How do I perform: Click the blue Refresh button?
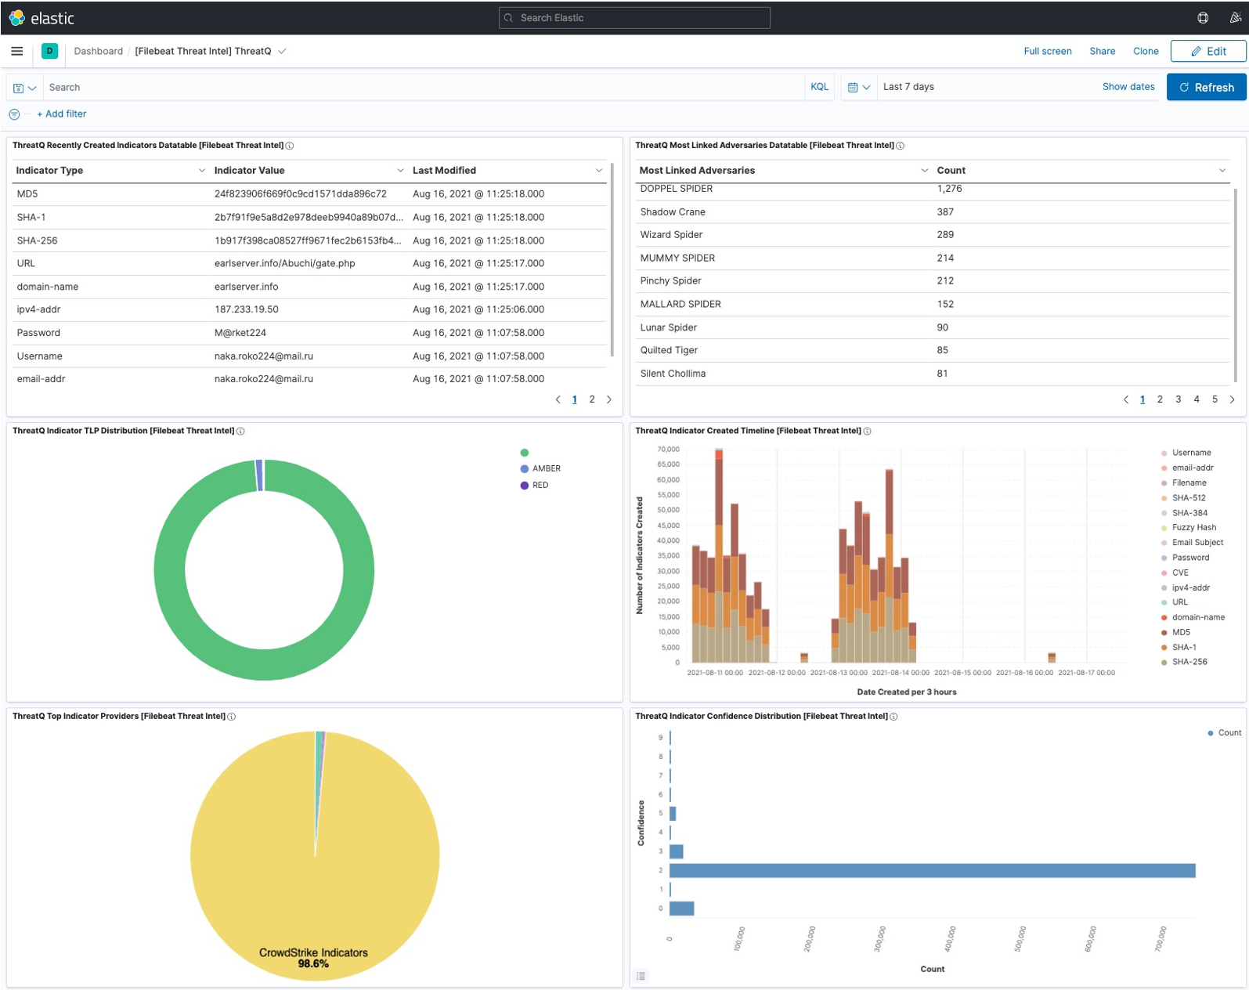pos(1206,87)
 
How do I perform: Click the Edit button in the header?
pos(1208,51)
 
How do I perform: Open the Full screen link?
pos(1047,51)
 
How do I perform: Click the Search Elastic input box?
pos(634,18)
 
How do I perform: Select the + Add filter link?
pos(62,114)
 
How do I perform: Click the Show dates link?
pos(1128,87)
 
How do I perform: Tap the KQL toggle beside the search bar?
pos(819,87)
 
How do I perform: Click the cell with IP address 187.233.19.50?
pos(247,309)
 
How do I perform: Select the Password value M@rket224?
pos(240,333)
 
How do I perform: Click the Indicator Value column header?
pos(250,170)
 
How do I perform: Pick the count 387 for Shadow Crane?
pos(945,211)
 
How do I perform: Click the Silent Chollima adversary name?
pos(673,374)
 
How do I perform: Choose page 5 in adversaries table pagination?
pos(1215,399)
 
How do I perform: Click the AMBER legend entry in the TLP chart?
pos(546,468)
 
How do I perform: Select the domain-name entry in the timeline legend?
pos(1197,617)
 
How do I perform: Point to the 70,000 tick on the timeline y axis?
pos(668,450)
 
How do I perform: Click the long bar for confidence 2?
pos(932,870)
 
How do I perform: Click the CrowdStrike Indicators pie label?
pos(313,952)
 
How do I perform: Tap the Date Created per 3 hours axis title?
pos(906,692)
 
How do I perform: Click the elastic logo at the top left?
pos(42,18)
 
